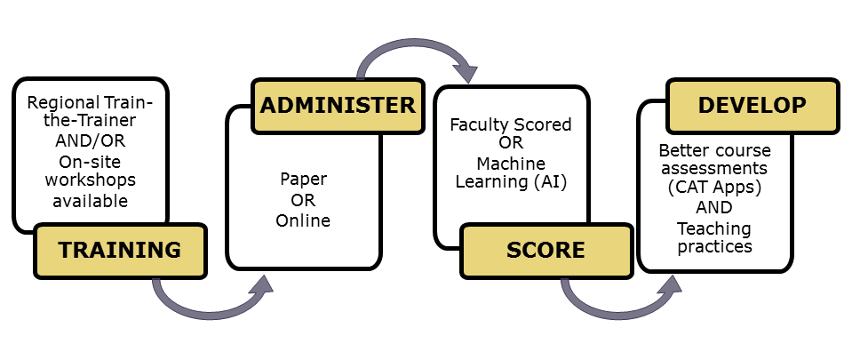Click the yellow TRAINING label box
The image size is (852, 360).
tap(120, 250)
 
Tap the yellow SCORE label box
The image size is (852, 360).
tap(545, 250)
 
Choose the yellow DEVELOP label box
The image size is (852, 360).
tap(752, 105)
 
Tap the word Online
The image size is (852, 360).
tap(304, 220)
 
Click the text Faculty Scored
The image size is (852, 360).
tap(511, 124)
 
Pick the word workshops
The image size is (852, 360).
tap(90, 180)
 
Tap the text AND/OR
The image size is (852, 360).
tap(90, 140)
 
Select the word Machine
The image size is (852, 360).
tap(511, 164)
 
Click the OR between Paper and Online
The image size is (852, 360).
tap(304, 201)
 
